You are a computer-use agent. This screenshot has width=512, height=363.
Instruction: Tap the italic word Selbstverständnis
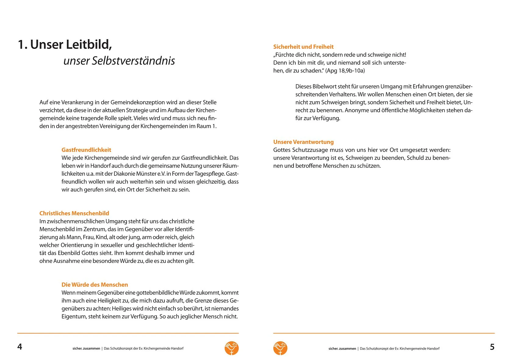tap(133, 61)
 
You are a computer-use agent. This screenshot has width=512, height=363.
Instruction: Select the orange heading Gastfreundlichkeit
tap(86, 150)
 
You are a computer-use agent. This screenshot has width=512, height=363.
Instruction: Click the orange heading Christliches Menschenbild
tap(74, 213)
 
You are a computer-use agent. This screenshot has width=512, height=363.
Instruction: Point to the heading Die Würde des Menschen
tap(95, 285)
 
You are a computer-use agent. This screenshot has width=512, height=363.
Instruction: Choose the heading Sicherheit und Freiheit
tap(303, 47)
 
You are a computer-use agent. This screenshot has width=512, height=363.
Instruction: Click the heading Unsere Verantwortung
tap(303, 142)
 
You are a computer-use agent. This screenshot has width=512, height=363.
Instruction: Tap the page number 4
tap(20, 347)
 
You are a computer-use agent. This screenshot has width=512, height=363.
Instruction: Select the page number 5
tap(492, 347)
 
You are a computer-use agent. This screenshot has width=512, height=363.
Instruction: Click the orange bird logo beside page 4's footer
tap(232, 348)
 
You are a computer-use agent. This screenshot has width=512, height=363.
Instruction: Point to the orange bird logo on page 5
tap(280, 348)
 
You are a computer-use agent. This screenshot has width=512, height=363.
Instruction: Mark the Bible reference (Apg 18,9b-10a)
tap(345, 71)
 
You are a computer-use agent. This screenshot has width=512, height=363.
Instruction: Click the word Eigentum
tap(74, 317)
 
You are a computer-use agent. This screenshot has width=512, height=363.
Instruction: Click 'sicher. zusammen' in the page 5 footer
tap(342, 348)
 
